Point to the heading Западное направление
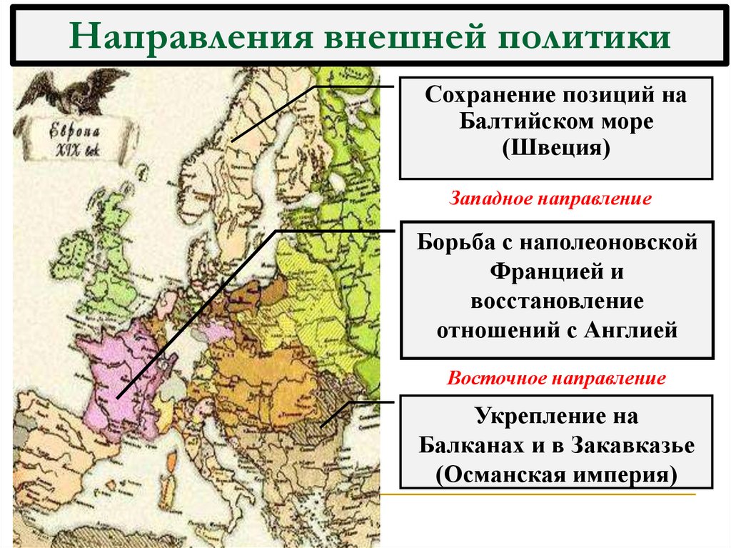click(x=550, y=198)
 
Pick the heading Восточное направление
click(x=556, y=378)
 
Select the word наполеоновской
click(x=610, y=243)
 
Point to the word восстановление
click(x=557, y=301)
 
